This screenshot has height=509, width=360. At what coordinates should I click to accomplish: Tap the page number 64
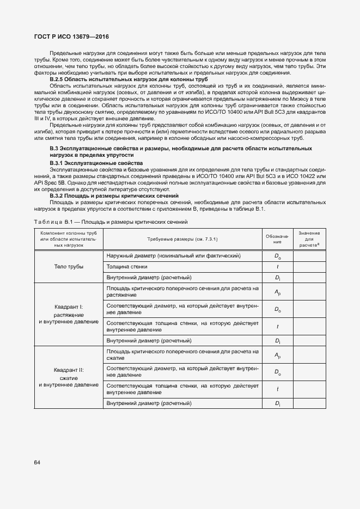(38, 463)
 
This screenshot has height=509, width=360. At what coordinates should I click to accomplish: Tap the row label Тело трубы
(69, 267)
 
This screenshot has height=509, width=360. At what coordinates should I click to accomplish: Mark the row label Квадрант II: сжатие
(69, 377)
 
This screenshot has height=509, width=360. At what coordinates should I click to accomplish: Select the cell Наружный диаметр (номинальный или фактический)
(173, 255)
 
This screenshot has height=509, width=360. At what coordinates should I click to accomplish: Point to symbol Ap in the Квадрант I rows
(277, 292)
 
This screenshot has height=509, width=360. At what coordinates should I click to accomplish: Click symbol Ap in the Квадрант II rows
(277, 355)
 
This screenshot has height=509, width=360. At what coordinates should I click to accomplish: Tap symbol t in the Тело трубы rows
(277, 267)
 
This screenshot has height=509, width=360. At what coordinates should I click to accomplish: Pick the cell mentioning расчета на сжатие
(182, 355)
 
